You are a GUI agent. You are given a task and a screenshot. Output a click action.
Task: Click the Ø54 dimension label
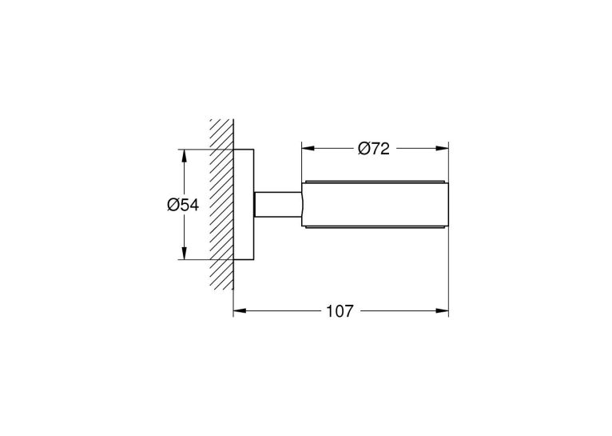click(183, 205)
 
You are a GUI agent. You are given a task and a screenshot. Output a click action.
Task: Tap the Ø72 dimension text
click(374, 149)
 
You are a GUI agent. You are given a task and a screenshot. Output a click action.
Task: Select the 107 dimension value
click(340, 311)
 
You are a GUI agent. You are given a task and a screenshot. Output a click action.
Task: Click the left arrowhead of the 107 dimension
click(240, 311)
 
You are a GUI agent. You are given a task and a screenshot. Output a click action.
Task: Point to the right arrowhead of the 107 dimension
click(442, 311)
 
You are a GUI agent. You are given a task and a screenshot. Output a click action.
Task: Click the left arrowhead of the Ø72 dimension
click(308, 149)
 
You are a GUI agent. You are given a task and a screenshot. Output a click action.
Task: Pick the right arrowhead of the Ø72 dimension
click(442, 149)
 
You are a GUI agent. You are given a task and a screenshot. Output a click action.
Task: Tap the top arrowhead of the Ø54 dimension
click(185, 156)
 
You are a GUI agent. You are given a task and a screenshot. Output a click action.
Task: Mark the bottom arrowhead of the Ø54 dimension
click(185, 253)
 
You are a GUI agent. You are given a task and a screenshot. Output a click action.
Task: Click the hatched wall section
click(221, 204)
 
